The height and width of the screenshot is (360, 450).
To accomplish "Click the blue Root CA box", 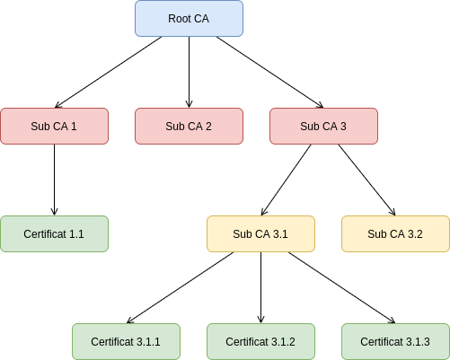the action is tap(189, 19).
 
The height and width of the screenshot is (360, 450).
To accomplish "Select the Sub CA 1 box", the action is tap(54, 126).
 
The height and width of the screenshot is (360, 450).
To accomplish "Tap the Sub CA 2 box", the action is tap(189, 126).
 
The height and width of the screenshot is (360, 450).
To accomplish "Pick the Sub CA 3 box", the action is tap(323, 126).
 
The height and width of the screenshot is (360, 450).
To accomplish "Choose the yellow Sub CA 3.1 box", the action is tap(260, 233).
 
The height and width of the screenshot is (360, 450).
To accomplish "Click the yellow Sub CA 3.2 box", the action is tap(395, 233).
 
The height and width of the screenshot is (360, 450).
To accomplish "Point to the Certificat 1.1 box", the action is tap(54, 233).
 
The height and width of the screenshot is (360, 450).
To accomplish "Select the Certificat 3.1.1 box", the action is tap(126, 341).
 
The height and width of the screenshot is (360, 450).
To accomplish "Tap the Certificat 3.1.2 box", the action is tap(260, 341).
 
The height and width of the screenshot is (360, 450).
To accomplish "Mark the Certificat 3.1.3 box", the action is tap(395, 341).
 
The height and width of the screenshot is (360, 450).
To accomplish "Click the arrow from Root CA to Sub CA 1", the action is tap(109, 72).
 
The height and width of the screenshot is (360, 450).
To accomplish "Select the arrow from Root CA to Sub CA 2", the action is tap(189, 72).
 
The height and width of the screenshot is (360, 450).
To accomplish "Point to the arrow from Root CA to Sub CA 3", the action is tap(269, 72).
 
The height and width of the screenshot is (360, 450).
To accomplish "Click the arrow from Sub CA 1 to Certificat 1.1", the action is tap(54, 180).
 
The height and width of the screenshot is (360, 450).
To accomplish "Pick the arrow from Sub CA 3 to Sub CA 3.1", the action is tap(287, 180).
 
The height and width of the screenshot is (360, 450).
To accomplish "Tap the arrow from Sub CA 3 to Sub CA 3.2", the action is tap(367, 180).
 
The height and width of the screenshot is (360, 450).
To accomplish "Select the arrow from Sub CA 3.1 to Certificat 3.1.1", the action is tap(180, 287).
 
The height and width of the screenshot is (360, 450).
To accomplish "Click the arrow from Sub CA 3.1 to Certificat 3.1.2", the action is tap(260, 287).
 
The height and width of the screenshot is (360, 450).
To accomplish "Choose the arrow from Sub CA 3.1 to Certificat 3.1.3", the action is tap(341, 287).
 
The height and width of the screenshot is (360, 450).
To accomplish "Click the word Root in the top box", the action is tap(176, 19).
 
